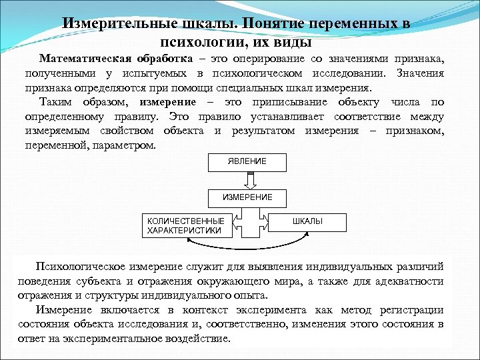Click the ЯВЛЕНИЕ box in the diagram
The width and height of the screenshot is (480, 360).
pyautogui.click(x=247, y=162)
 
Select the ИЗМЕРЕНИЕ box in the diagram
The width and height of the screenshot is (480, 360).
pyautogui.click(x=247, y=198)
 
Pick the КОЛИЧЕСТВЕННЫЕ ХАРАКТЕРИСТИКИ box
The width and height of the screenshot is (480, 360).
pyautogui.click(x=185, y=225)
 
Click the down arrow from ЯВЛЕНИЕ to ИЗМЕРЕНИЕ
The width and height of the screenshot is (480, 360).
pyautogui.click(x=247, y=180)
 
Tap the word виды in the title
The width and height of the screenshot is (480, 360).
pyautogui.click(x=297, y=43)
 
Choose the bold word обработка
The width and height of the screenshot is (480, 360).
pyautogui.click(x=161, y=59)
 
